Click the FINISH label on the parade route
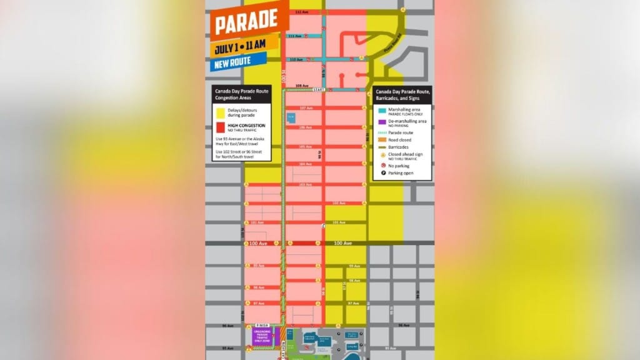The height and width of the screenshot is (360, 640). (x=262, y=326)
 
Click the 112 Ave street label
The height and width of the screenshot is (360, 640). (x=302, y=12)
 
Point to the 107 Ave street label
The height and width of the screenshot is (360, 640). (x=306, y=108)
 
